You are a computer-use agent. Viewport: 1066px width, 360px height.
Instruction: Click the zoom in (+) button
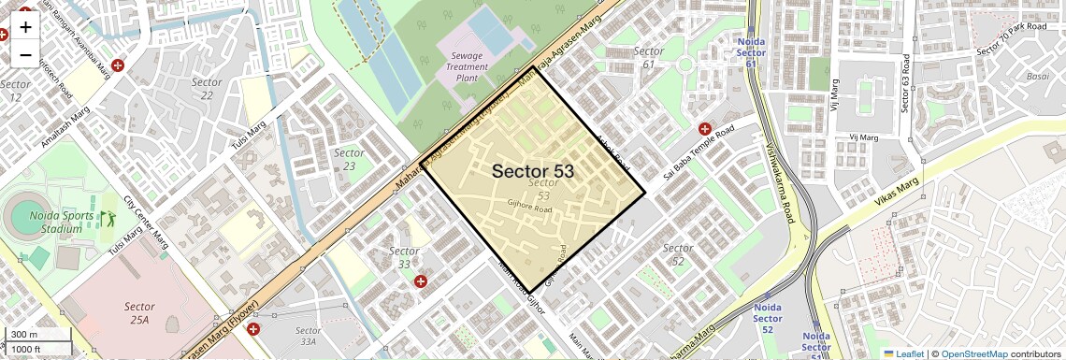tap(25, 27)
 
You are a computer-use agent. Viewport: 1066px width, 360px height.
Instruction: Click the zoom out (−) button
tap(25, 55)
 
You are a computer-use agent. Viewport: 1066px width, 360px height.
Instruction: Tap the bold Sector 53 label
tap(532, 171)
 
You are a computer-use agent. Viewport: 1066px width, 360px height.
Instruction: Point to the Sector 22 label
tap(207, 88)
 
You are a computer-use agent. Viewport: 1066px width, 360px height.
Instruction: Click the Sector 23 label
tap(349, 159)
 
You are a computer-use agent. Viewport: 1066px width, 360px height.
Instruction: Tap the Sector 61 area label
tap(648, 57)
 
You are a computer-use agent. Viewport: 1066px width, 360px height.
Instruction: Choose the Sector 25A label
tap(139, 312)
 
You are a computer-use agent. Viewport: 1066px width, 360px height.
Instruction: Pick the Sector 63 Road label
tap(904, 82)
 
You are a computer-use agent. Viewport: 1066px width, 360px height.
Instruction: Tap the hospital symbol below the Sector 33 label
tap(421, 281)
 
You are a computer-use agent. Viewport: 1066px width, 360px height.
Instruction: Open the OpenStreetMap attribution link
tap(973, 353)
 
